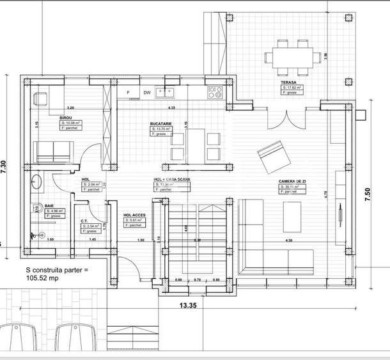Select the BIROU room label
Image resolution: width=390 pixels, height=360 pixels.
[x=66, y=118]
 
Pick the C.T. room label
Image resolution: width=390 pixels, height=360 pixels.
[x=84, y=221]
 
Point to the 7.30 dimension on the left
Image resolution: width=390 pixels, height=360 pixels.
[x=5, y=168]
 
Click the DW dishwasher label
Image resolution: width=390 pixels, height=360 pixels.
[x=147, y=93]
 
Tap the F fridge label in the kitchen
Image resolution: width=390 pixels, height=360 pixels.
[x=129, y=93]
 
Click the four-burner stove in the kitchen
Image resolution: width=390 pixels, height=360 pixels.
[x=214, y=93]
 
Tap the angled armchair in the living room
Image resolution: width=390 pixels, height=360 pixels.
[x=271, y=155]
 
